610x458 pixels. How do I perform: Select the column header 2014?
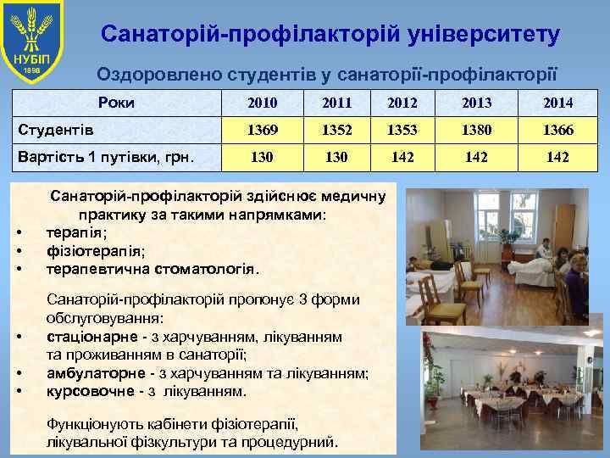(558, 103)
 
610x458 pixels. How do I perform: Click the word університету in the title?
(482, 35)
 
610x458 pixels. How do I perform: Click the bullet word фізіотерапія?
(96, 250)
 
